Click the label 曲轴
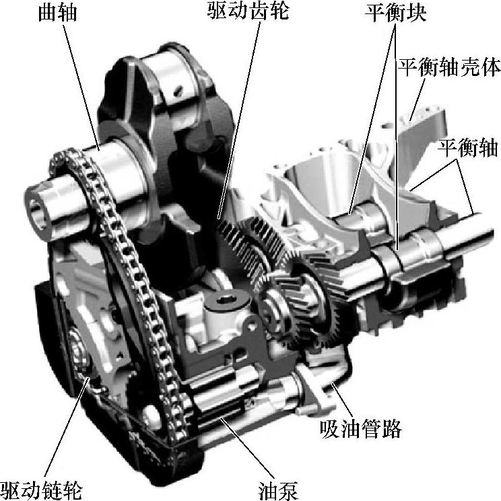[58, 13]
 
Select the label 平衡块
[396, 13]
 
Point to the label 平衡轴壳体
[449, 67]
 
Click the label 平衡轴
[468, 148]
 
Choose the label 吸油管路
[360, 428]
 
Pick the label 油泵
[278, 490]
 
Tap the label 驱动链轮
[42, 490]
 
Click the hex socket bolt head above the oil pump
[226, 301]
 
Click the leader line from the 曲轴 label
[81, 87]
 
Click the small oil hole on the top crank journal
[179, 89]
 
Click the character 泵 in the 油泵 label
[288, 490]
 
